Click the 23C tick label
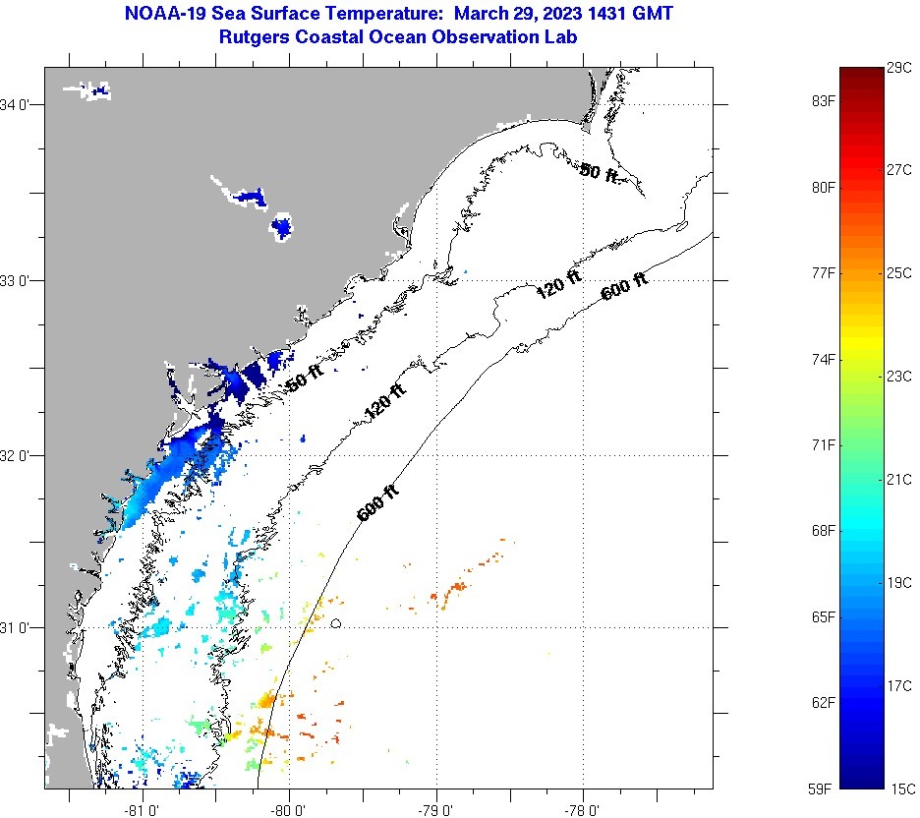click(x=898, y=376)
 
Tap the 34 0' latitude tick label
click(x=19, y=104)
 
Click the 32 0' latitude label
click(x=19, y=455)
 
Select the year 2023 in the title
click(x=546, y=15)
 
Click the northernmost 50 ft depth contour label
click(x=600, y=173)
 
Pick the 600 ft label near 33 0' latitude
click(x=624, y=286)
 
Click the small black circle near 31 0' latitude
click(x=336, y=622)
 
